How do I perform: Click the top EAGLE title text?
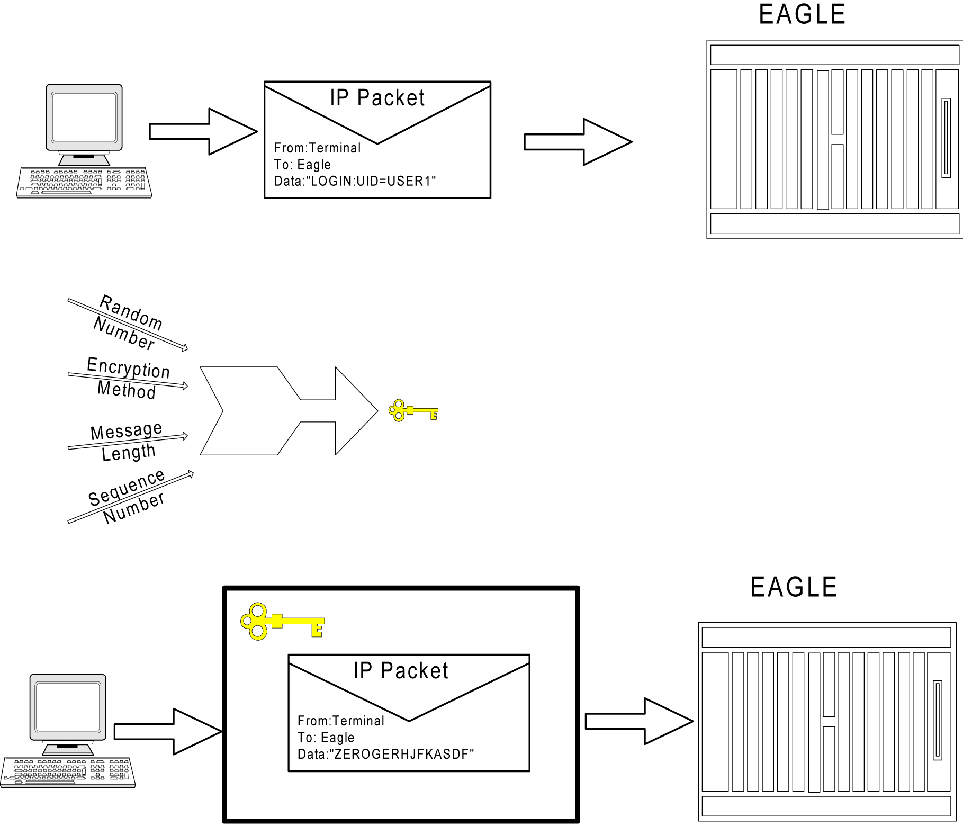coord(802,15)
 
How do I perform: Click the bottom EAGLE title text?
coord(793,587)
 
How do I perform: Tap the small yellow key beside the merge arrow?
coord(412,410)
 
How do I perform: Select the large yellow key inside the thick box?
coord(281,621)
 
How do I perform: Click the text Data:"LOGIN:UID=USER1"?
coord(355,182)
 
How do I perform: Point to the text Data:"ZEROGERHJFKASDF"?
coord(385,755)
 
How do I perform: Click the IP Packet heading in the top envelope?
coord(377,98)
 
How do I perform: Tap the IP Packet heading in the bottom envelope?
coord(401,671)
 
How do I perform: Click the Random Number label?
coord(128,322)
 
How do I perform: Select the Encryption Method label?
coord(128,378)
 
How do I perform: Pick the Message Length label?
coord(127,441)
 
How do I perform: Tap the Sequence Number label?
coord(128,496)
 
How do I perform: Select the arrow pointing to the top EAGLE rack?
coord(578,142)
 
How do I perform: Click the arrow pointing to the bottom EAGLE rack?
coord(638,721)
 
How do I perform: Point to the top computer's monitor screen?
coord(84,117)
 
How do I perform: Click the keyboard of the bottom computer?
coord(68,771)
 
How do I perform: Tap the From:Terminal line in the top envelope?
coord(317,148)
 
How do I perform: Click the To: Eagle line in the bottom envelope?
coord(326,738)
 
